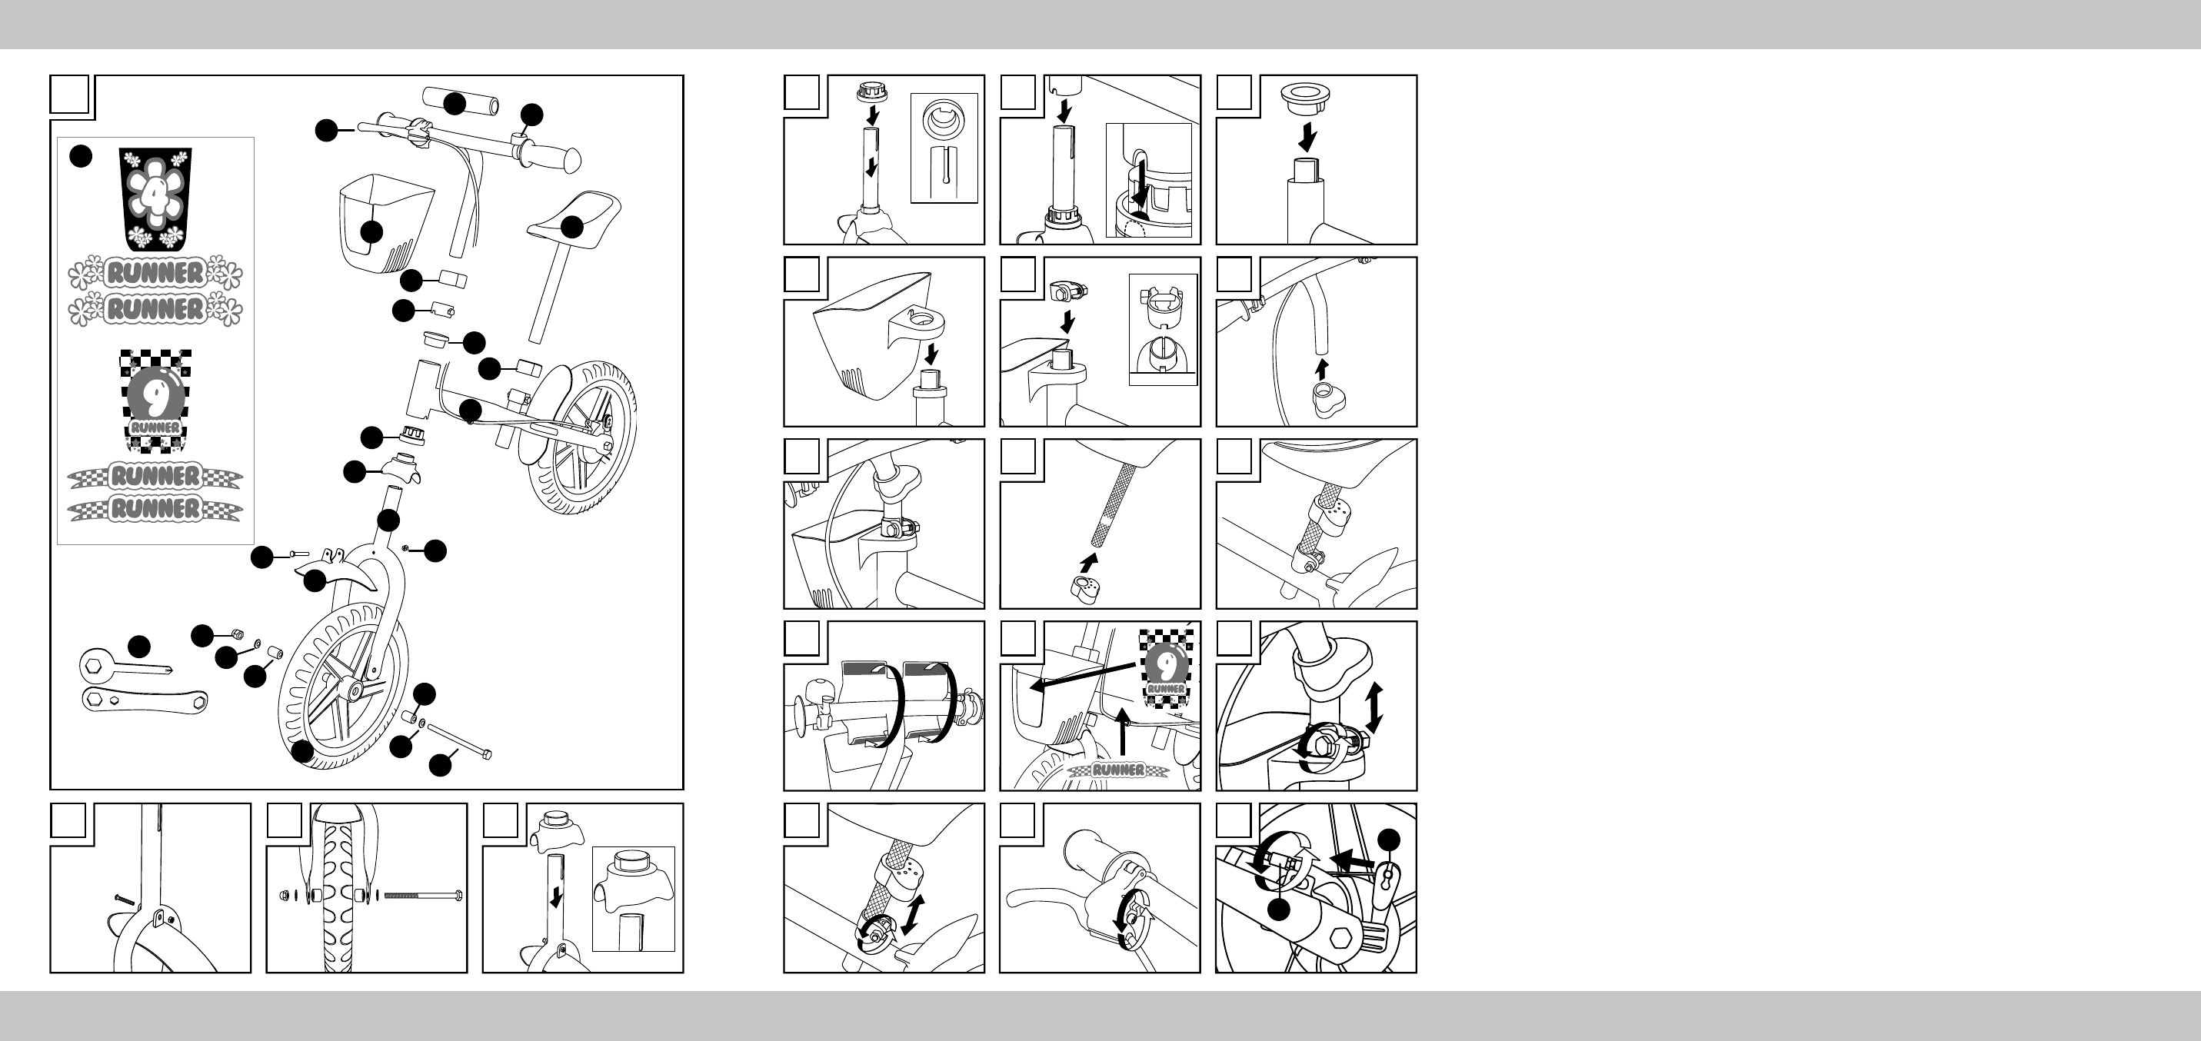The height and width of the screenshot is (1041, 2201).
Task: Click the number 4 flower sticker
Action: pos(155,199)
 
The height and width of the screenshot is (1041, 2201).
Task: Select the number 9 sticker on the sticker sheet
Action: pos(155,400)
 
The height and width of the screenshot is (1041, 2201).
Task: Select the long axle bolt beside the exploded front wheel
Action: pos(459,740)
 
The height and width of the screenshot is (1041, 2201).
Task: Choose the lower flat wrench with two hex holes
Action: pos(144,700)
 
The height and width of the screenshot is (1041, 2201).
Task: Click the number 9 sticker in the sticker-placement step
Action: pos(1167,669)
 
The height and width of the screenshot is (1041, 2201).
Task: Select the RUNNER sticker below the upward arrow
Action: pos(1118,770)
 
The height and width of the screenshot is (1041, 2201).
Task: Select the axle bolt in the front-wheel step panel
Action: pos(424,896)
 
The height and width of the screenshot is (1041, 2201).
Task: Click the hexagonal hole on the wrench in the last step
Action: pos(1340,939)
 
